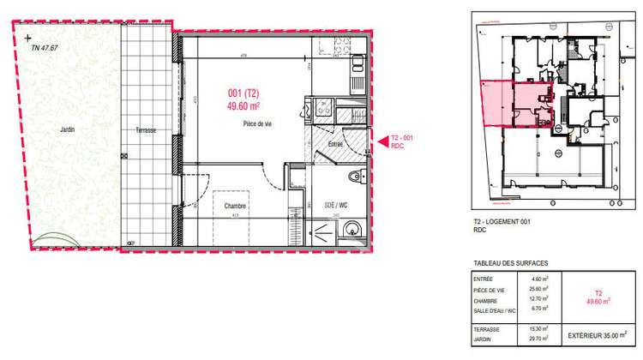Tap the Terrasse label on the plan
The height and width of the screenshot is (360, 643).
pos(145,130)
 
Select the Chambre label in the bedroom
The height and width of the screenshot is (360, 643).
pos(236,207)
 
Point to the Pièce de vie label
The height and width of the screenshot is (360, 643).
pos(256,124)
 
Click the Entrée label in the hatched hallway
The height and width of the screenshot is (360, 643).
pos(335,145)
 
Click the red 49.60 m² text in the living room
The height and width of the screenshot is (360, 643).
pos(244,106)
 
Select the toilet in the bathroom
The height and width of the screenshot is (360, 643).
pos(357,177)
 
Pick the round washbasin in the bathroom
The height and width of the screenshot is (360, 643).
pos(351,229)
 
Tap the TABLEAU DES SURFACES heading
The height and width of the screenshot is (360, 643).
pos(510,263)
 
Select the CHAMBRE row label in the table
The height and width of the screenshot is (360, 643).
pos(484,300)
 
